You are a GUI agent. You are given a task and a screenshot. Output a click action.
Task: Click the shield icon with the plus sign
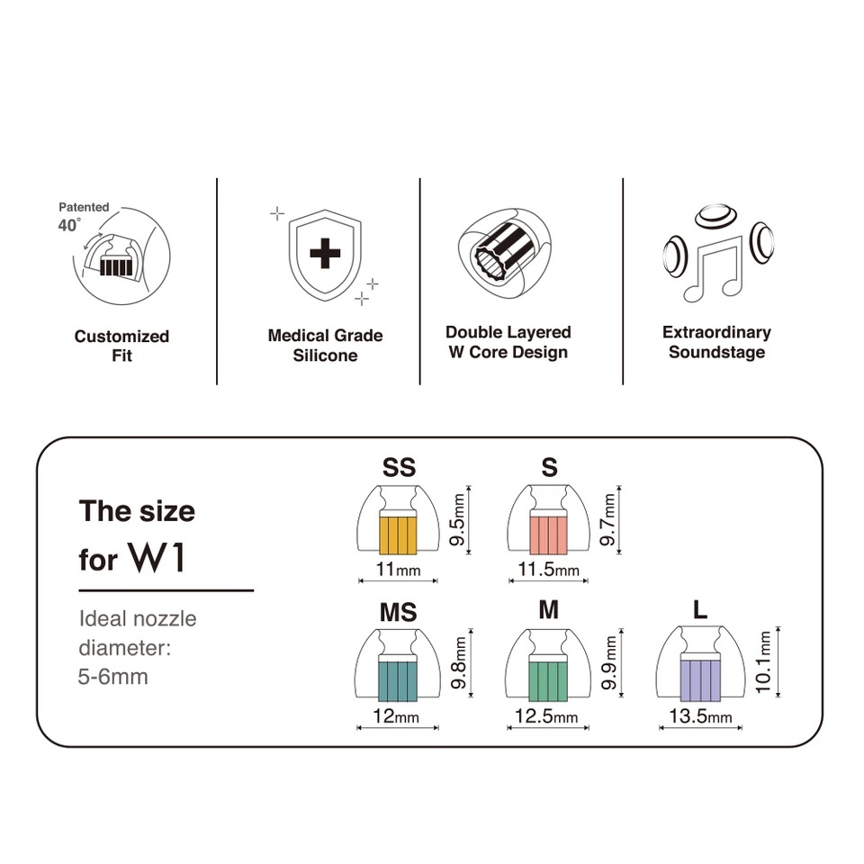(x=325, y=256)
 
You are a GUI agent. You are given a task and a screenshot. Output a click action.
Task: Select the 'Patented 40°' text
(x=81, y=217)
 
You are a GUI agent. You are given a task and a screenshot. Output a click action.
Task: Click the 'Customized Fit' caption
(x=121, y=346)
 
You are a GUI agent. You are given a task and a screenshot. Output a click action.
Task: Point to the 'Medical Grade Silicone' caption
(x=325, y=346)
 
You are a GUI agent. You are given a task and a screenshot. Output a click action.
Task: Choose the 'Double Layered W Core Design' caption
(x=508, y=342)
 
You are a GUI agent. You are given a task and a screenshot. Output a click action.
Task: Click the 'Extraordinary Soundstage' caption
(x=716, y=342)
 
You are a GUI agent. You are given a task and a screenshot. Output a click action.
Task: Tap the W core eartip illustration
(x=505, y=253)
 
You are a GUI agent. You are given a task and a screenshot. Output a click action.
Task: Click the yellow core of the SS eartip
(x=398, y=534)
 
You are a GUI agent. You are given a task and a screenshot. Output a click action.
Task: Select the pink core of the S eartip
(x=547, y=534)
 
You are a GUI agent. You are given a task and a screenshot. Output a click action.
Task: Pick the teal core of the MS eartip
(x=398, y=681)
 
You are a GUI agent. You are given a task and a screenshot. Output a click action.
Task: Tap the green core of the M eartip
(x=547, y=681)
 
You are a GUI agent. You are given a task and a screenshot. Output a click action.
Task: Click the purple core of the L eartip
(x=699, y=680)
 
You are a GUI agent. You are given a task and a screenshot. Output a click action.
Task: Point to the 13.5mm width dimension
(x=699, y=717)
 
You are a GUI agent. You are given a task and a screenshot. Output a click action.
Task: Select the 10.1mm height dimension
(x=765, y=661)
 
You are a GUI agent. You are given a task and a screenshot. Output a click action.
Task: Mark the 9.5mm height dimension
(x=459, y=517)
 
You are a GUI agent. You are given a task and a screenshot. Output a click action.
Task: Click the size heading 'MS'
(x=398, y=613)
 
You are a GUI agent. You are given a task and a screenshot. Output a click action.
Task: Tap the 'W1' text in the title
(x=157, y=558)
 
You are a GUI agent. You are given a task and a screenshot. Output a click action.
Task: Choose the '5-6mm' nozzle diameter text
(x=113, y=676)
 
